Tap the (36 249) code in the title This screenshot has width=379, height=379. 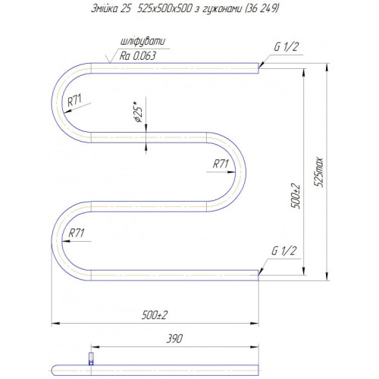pyautogui.click(x=262, y=8)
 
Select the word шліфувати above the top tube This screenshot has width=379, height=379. pyautogui.click(x=143, y=42)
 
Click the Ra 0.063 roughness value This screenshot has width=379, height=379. pyautogui.click(x=138, y=56)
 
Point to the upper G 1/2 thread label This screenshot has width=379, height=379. pyautogui.click(x=287, y=47)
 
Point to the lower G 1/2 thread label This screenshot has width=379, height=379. pyautogui.click(x=283, y=251)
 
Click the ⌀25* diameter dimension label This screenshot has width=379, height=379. pyautogui.click(x=139, y=112)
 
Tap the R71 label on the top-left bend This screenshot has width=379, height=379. pyautogui.click(x=74, y=100)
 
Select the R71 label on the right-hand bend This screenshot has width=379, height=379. pyautogui.click(x=221, y=164)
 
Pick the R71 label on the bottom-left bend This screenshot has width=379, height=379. pyautogui.click(x=77, y=233)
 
